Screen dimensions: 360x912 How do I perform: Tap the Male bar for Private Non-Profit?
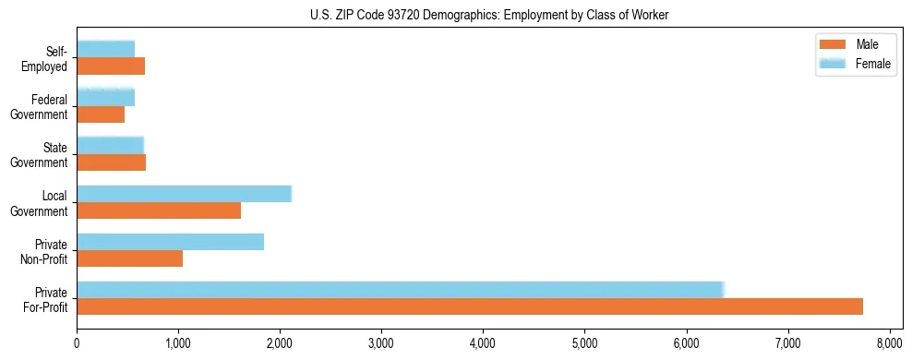click(x=130, y=258)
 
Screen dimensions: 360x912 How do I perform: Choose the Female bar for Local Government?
click(x=185, y=194)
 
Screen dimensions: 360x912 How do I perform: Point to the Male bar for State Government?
click(x=112, y=162)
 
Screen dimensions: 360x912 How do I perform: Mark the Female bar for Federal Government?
click(x=106, y=97)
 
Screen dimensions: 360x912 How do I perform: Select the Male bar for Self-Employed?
click(x=111, y=66)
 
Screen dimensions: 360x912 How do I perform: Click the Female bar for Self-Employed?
click(x=106, y=49)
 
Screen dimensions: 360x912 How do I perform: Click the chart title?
click(x=489, y=15)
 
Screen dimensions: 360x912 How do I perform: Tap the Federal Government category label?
click(x=40, y=107)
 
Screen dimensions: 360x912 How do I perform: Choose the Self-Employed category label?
click(x=44, y=58)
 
